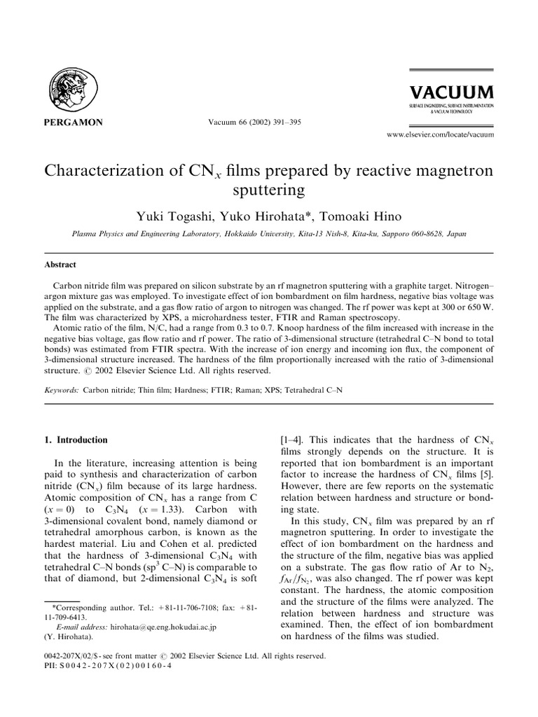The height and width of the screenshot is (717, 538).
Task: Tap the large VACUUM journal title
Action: (x=452, y=92)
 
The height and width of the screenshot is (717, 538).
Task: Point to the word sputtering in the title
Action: (x=269, y=191)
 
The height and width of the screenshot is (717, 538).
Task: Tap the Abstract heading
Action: (x=60, y=265)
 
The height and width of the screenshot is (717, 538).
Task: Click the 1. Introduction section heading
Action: (x=76, y=440)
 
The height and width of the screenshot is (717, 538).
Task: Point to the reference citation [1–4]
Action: (x=292, y=440)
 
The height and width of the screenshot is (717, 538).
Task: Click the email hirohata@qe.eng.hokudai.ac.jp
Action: (x=157, y=628)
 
